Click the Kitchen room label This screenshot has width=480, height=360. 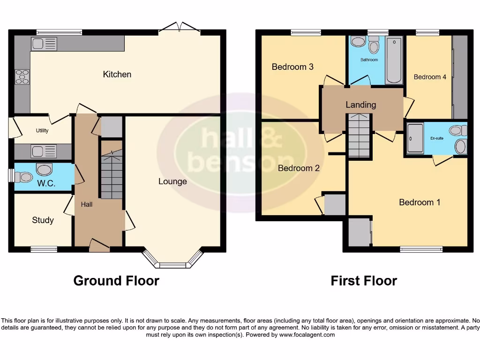[117, 74]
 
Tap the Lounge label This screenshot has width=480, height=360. [172, 181]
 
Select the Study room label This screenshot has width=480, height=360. [43, 220]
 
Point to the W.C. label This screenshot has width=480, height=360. [46, 183]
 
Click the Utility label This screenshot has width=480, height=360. [42, 131]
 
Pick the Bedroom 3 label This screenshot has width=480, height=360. [292, 67]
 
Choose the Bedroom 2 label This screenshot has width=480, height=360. [299, 168]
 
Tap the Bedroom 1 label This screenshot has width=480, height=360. [420, 202]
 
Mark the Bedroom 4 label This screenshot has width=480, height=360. [430, 77]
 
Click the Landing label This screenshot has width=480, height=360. [360, 105]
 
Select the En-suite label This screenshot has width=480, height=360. [436, 139]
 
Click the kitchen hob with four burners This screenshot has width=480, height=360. [22, 76]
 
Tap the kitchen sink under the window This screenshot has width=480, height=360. [44, 44]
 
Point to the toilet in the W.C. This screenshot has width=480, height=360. [23, 177]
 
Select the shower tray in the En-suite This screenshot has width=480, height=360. [415, 138]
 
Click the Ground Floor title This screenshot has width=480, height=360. [116, 281]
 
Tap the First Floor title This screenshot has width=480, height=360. [364, 281]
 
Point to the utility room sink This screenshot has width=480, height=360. [44, 151]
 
